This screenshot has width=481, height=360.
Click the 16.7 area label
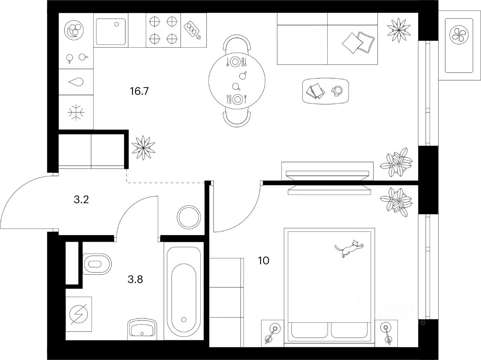pyautogui.click(x=137, y=91)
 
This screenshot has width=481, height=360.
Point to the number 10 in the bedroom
pyautogui.click(x=264, y=261)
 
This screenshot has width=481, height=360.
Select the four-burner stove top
pyautogui.click(x=163, y=30)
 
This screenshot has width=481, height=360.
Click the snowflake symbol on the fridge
pyautogui.click(x=76, y=112)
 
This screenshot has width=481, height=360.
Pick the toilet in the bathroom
pyautogui.click(x=97, y=264)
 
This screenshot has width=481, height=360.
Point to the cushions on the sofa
pyautogui.click(x=358, y=42)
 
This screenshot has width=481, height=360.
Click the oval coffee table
pyautogui.click(x=325, y=90)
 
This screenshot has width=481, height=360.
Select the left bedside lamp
pyautogui.click(x=272, y=333)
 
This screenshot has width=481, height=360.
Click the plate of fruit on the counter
pyautogui.click(x=74, y=30)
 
